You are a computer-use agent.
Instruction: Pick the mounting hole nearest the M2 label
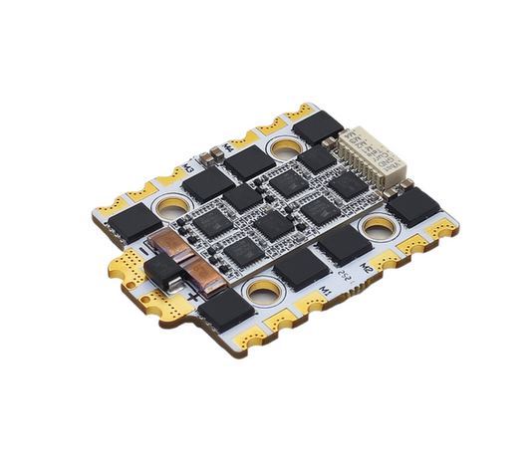[378, 229]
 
